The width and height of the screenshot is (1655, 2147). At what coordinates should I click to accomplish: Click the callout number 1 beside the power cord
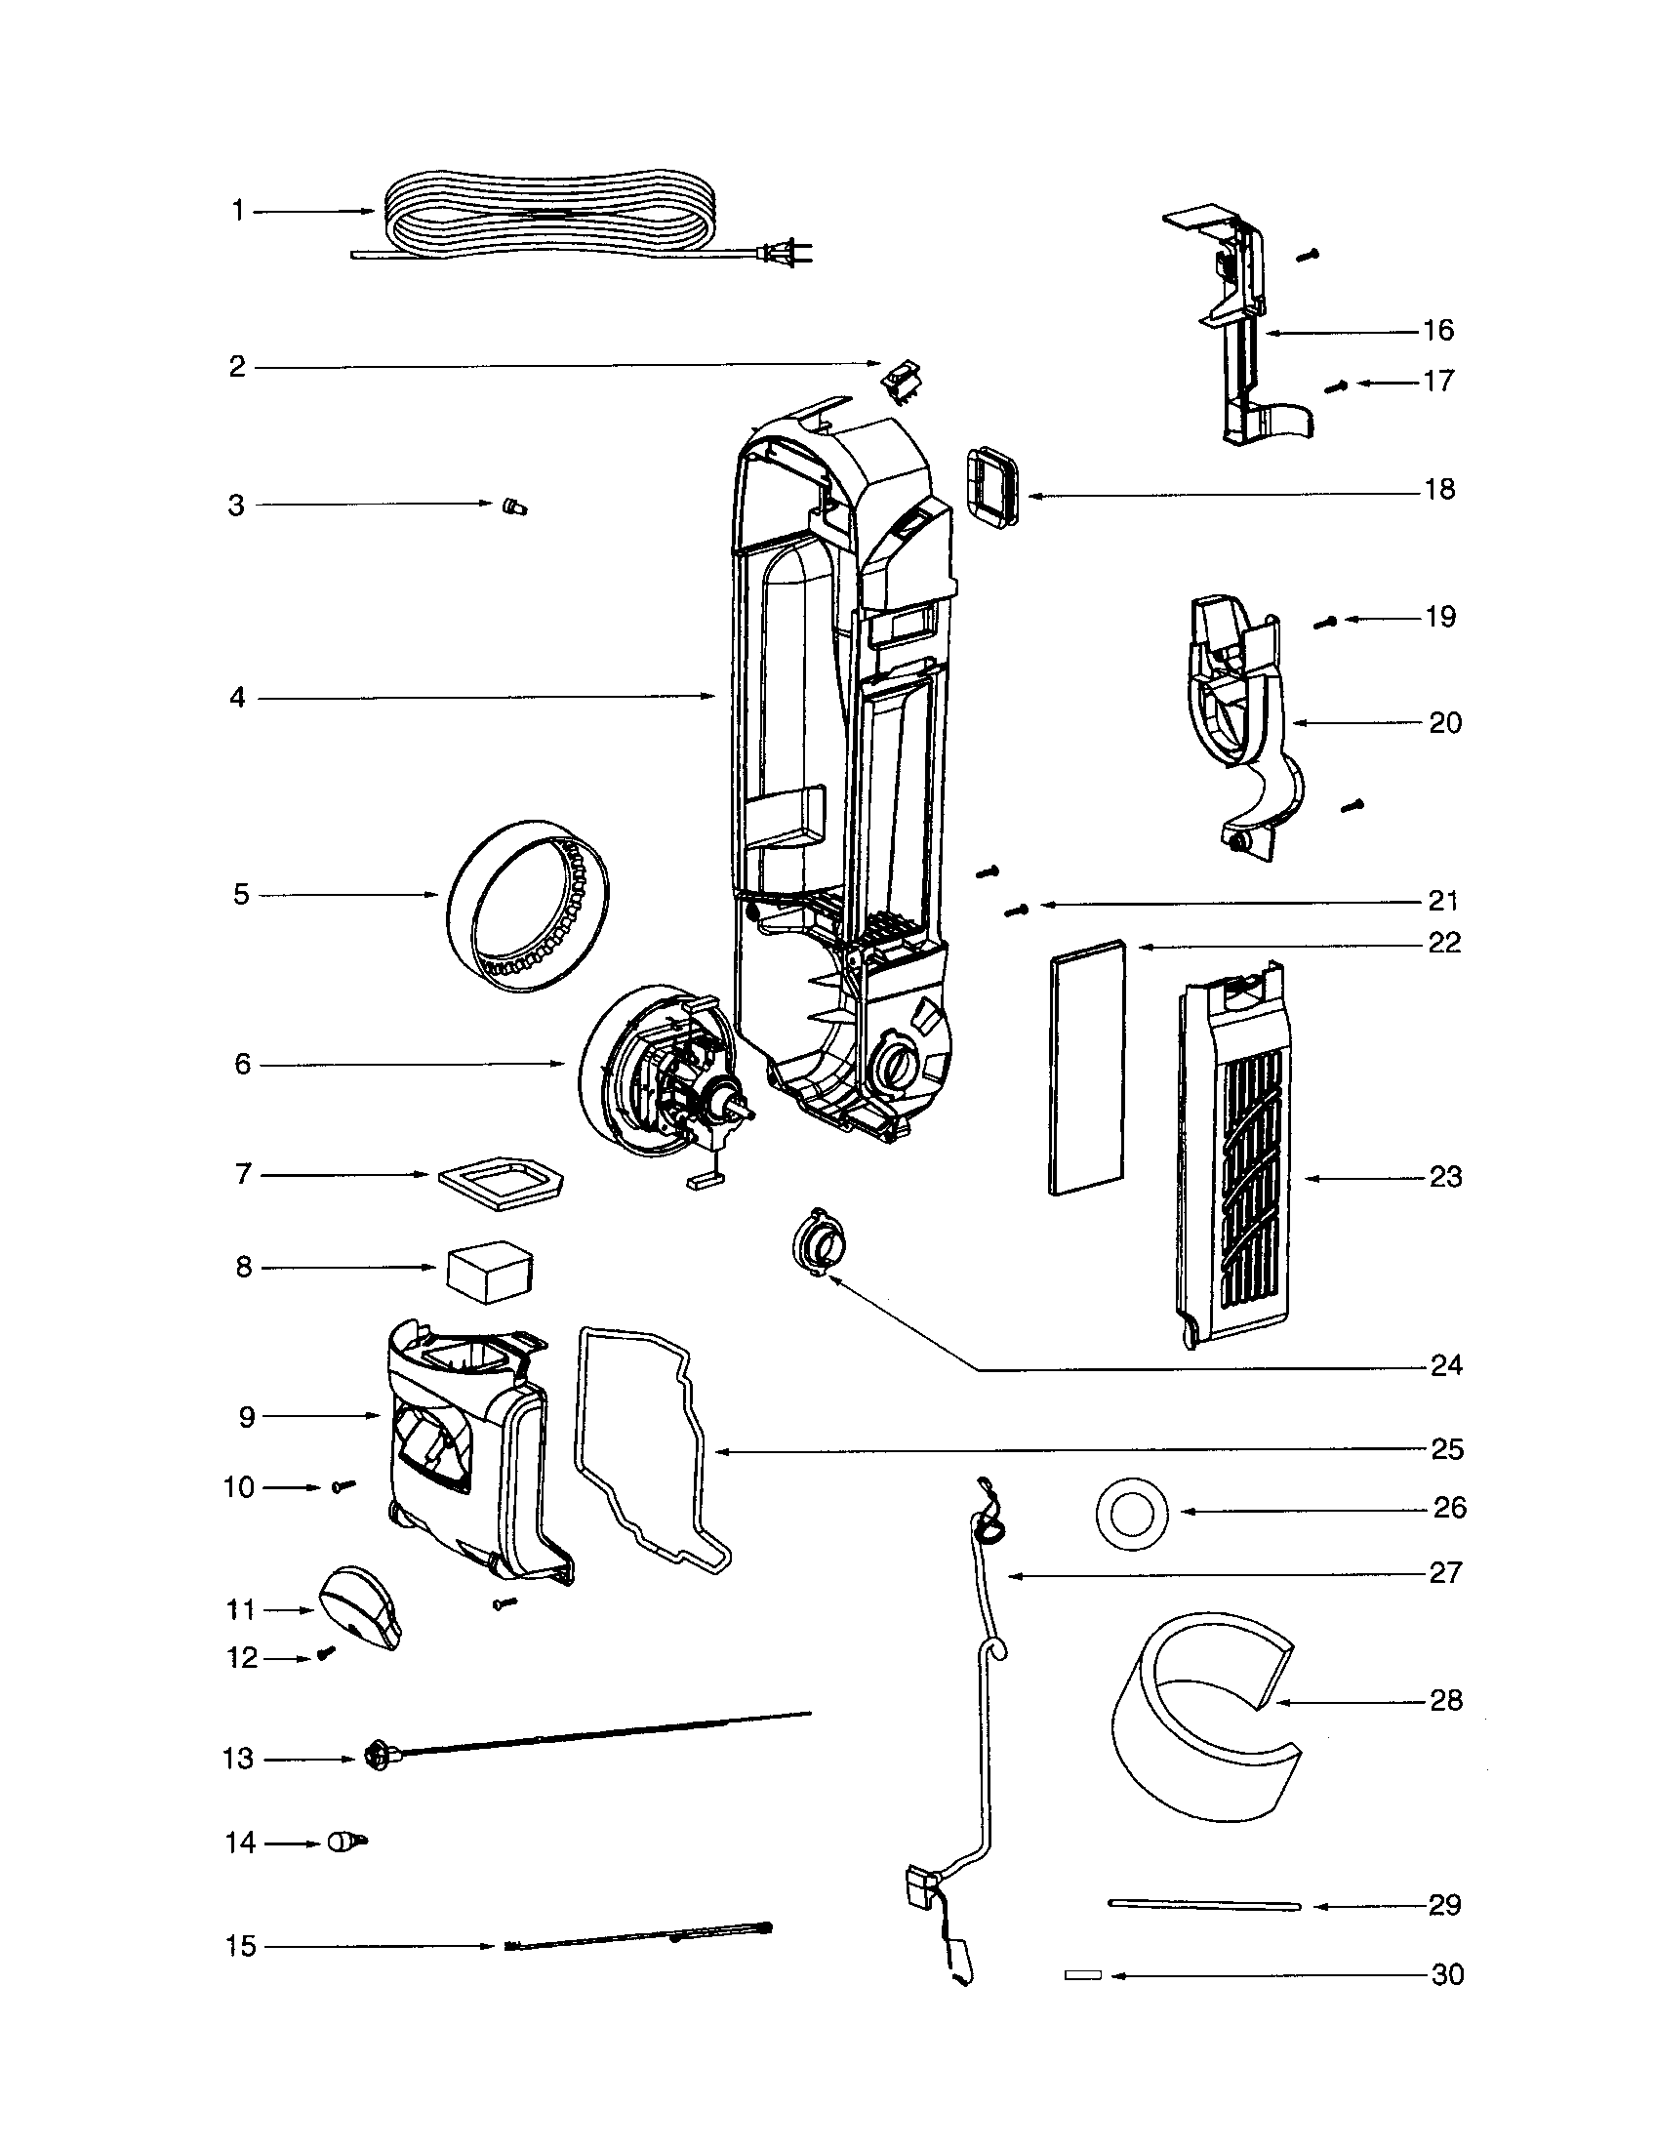click(x=237, y=211)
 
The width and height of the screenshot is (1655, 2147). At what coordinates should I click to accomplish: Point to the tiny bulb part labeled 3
click(x=514, y=506)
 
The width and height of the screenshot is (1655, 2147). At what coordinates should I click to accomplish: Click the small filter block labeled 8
click(x=490, y=1270)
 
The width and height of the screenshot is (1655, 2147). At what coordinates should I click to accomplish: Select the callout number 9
click(x=246, y=1417)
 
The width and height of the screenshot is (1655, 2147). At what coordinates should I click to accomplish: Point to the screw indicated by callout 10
click(x=343, y=1486)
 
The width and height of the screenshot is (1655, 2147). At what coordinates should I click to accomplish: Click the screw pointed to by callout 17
click(x=1334, y=387)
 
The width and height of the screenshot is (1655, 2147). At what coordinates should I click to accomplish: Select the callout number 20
click(x=1444, y=722)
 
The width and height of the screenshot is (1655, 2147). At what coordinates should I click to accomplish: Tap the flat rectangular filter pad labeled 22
click(x=1088, y=1067)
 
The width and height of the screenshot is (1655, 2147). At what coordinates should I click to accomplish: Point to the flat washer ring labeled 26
click(x=1132, y=1512)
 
